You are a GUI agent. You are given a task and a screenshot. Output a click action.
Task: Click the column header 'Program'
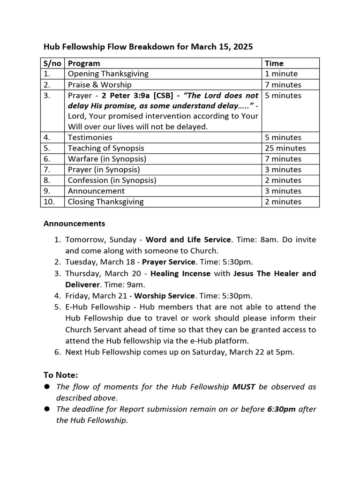[x=84, y=63]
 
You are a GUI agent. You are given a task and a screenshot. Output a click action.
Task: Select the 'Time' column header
[x=274, y=63]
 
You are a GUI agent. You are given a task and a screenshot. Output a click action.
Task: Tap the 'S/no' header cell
[x=52, y=63]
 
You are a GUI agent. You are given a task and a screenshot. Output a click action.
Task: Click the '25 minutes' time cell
[x=285, y=148]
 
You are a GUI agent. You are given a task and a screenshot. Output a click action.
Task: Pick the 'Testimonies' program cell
[x=90, y=137]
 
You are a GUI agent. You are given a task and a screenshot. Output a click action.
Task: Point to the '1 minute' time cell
[x=281, y=74]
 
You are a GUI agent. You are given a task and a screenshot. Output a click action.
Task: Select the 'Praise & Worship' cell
[x=99, y=85]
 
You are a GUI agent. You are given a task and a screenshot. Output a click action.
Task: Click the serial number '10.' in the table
[x=50, y=202]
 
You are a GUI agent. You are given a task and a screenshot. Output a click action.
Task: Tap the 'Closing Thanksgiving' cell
[x=105, y=202]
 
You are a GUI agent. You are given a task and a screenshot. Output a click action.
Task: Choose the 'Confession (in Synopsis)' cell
[x=112, y=180]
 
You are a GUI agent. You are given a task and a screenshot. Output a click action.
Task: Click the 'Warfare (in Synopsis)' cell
[x=107, y=159]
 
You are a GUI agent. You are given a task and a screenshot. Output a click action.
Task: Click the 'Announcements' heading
[x=74, y=224]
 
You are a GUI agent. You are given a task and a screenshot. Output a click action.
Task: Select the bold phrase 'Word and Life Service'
[x=188, y=240]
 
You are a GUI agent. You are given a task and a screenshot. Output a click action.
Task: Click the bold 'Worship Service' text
[x=165, y=296]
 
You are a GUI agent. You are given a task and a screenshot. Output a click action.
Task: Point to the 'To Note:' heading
[x=60, y=375]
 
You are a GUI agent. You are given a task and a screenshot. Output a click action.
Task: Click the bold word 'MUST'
[x=244, y=387]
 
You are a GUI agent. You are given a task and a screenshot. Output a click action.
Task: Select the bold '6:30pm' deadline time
[x=281, y=409]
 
